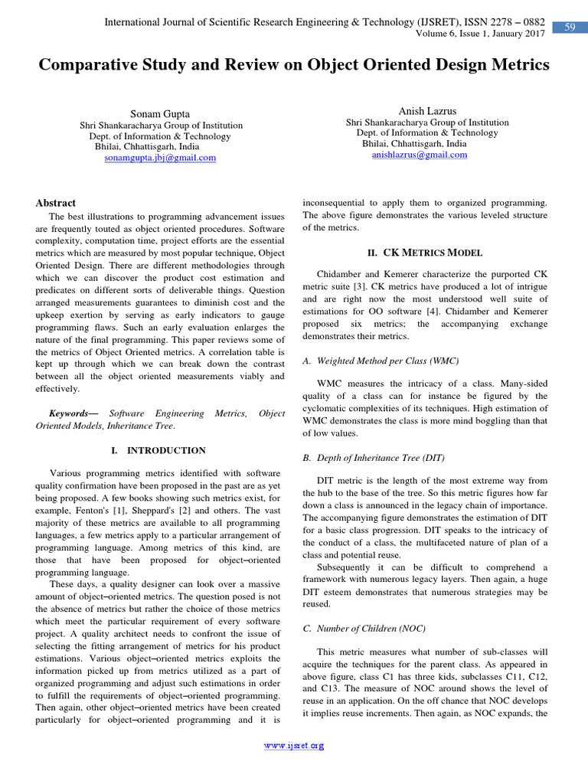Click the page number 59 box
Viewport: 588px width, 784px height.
[x=570, y=28]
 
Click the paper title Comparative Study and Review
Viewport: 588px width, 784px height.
[x=294, y=65]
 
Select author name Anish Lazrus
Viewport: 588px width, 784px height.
[x=426, y=111]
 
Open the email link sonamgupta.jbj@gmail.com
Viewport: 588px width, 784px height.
[x=159, y=158]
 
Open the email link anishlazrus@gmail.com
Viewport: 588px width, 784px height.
[x=419, y=155]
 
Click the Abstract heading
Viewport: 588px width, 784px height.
[x=56, y=203]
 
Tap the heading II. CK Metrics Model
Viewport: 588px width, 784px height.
[x=424, y=253]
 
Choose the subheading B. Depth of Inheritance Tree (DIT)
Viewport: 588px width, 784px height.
[x=372, y=458]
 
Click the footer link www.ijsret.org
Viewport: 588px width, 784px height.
[x=294, y=745]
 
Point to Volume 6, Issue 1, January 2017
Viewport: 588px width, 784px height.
[x=481, y=34]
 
